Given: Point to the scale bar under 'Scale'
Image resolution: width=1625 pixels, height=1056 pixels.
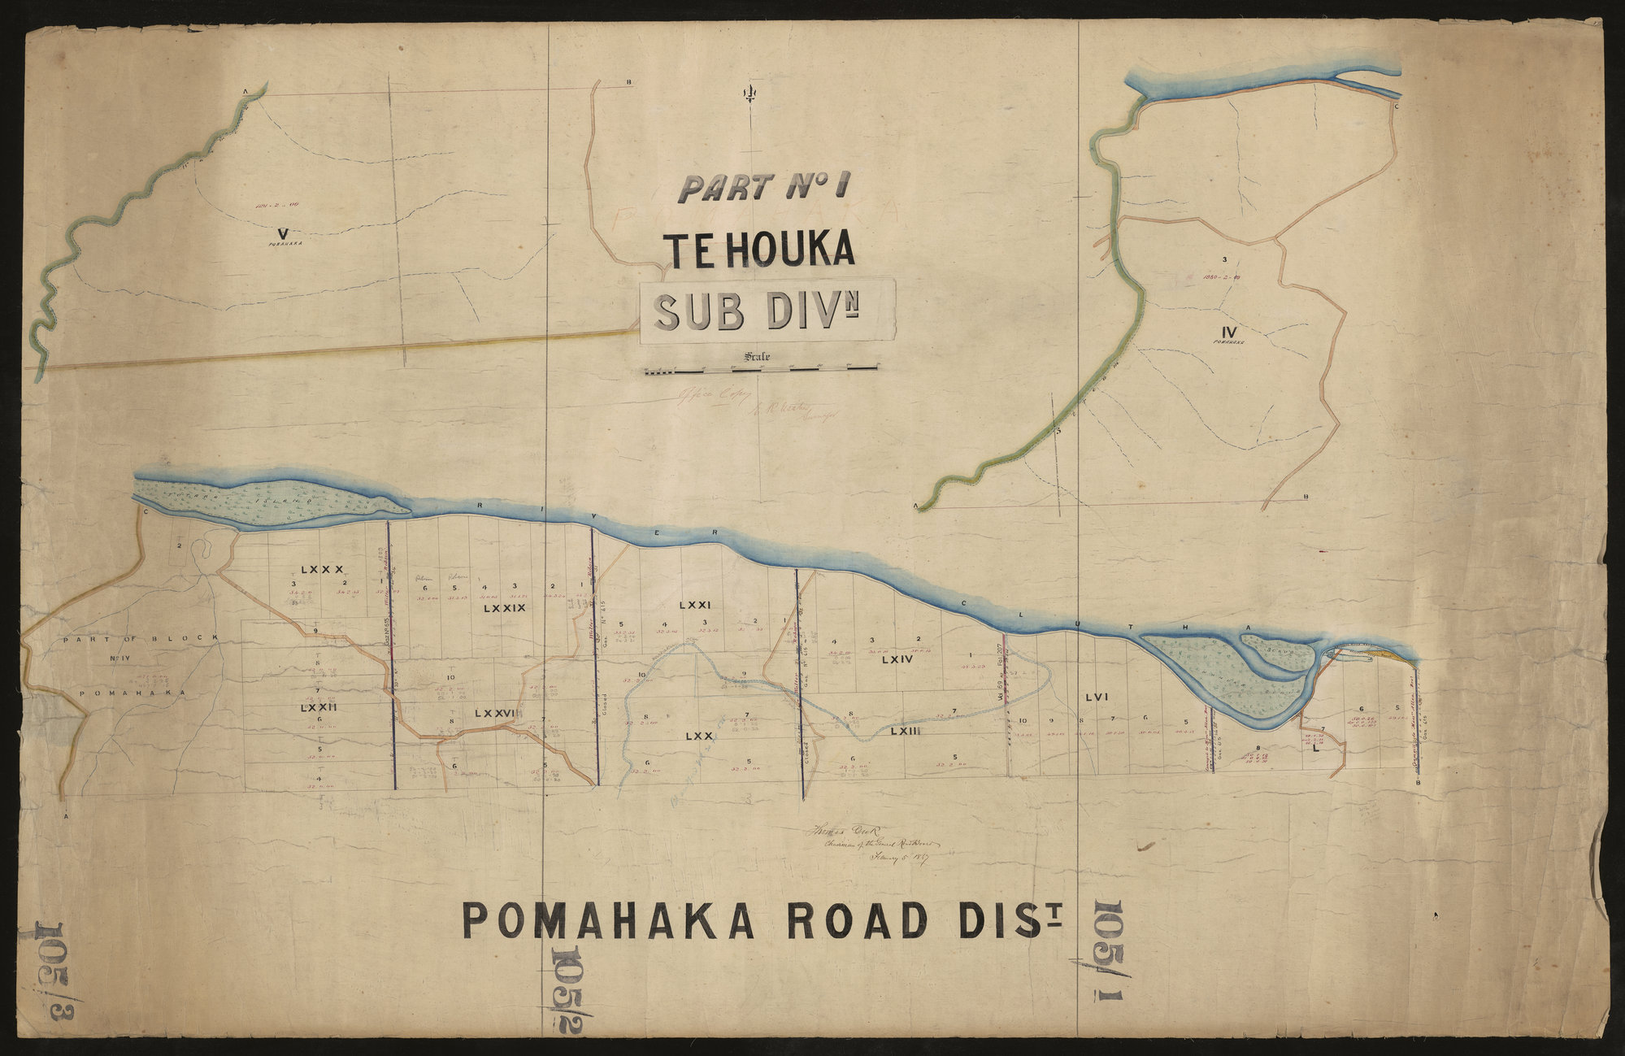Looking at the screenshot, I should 760,371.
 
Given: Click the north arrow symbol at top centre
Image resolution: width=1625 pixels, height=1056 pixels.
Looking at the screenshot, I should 746,95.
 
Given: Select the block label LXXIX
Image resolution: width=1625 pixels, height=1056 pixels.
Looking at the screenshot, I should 504,608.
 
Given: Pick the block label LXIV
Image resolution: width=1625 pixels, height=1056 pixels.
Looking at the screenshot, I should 897,660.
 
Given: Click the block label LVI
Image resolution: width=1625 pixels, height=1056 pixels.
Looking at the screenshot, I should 1097,696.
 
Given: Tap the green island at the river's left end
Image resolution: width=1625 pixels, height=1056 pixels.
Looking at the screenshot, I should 268,499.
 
